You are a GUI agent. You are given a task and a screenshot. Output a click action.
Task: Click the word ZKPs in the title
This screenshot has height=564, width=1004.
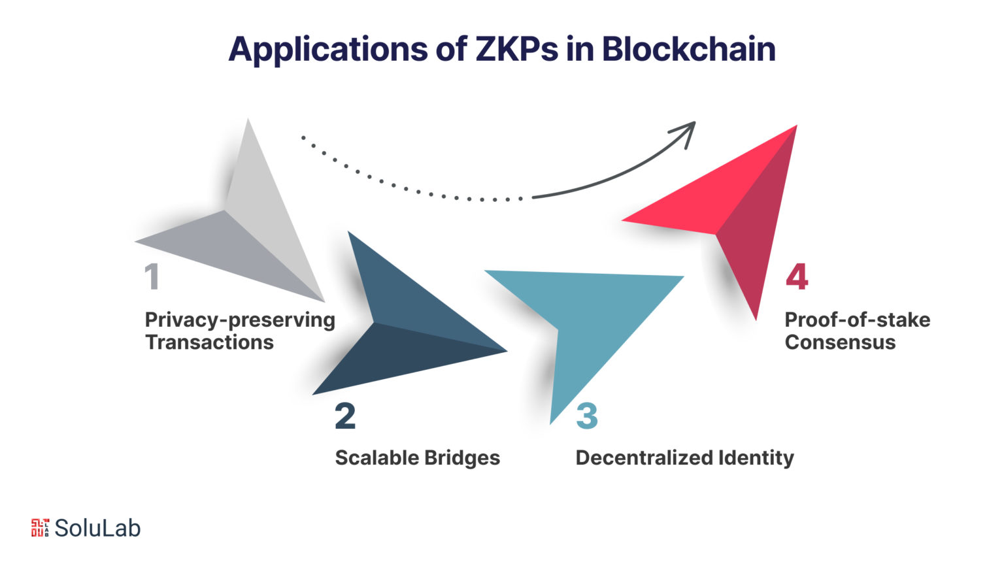[x=516, y=49]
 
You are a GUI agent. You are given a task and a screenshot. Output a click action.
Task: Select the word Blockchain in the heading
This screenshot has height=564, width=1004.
[x=688, y=48]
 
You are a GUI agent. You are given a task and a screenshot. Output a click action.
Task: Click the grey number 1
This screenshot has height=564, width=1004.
[x=152, y=276]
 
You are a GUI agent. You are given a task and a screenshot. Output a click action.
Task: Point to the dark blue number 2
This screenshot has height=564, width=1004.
[x=345, y=416]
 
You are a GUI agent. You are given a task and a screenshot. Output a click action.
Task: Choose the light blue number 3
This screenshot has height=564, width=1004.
[x=587, y=416]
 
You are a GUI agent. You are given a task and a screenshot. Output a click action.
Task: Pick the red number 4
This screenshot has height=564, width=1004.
[x=797, y=276]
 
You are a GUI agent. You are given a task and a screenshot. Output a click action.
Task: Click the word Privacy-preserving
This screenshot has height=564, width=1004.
[x=240, y=321]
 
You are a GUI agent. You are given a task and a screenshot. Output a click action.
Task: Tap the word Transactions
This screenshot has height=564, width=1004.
[x=209, y=342]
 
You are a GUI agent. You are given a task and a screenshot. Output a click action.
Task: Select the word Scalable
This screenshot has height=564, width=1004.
[x=376, y=458]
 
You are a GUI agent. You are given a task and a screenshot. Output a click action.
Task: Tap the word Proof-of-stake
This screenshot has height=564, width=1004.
[x=858, y=320]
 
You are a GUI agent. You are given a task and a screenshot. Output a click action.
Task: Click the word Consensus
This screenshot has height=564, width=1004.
[x=840, y=342]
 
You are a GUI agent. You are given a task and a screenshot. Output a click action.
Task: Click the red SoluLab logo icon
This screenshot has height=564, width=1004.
[x=40, y=527]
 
